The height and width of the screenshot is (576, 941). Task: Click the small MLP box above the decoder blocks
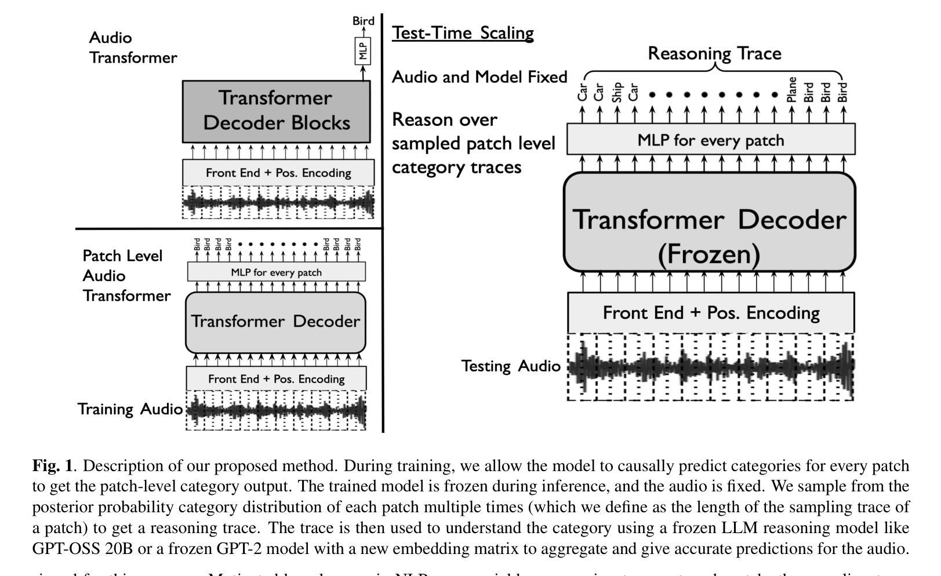coord(363,52)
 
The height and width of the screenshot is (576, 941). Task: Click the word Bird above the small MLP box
coord(364,21)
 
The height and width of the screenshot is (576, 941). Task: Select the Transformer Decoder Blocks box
coord(276,111)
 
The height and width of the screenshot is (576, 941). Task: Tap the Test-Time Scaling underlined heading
coord(463,33)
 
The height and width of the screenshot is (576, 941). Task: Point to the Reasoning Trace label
coord(714,53)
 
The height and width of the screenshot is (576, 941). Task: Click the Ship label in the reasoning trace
coord(617,93)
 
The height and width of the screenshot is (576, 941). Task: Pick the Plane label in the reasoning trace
coord(791,90)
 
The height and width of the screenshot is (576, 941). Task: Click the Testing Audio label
coord(511,366)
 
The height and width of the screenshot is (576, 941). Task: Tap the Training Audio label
coord(130,409)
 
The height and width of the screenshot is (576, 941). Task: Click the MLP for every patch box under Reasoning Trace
coord(710,140)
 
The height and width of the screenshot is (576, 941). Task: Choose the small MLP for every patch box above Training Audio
coord(276,272)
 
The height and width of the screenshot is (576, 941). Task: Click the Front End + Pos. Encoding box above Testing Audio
coord(711,313)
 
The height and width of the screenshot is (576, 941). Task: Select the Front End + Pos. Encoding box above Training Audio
coord(276,379)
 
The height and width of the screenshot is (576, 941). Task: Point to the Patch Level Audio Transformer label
coord(126,276)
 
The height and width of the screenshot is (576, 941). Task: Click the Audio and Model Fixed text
coord(479,77)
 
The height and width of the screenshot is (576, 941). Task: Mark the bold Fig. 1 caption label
coord(53,466)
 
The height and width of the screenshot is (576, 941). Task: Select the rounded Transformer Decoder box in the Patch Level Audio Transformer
coord(275,322)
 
